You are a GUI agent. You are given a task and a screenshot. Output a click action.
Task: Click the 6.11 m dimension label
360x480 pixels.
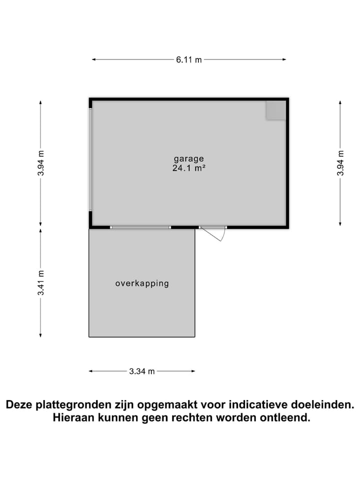click(189, 60)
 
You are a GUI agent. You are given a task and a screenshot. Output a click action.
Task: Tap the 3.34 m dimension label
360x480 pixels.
click(142, 371)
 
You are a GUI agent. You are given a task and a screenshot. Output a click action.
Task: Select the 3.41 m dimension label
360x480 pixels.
click(40, 282)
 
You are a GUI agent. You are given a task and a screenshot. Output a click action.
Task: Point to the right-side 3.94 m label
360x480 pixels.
click(340, 162)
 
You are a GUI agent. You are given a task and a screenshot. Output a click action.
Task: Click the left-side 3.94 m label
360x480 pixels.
click(40, 162)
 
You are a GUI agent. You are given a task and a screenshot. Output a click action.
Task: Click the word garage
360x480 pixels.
click(189, 158)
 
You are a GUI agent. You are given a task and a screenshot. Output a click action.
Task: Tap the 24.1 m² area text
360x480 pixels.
click(189, 168)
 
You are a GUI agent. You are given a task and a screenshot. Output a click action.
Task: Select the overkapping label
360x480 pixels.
click(142, 283)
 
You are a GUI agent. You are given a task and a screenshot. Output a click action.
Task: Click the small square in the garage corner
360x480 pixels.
click(275, 110)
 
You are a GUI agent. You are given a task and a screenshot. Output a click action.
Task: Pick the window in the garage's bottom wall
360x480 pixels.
click(140, 227)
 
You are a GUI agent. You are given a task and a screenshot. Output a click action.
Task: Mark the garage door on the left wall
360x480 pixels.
click(90, 160)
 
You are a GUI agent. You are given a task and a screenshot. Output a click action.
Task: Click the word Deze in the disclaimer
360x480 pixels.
click(21, 404)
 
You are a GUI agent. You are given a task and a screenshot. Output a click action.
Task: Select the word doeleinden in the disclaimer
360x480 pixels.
click(315, 404)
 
